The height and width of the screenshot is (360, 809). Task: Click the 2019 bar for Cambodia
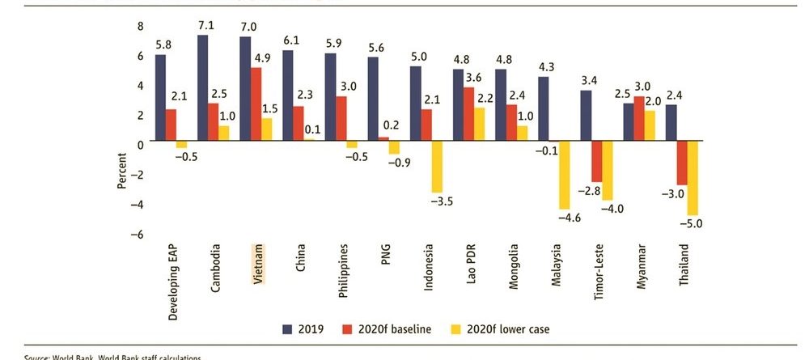(x=202, y=88)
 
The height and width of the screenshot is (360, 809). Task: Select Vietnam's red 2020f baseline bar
(x=255, y=104)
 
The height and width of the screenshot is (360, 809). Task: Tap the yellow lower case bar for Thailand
(x=693, y=178)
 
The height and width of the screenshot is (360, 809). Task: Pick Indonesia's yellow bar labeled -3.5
(x=437, y=167)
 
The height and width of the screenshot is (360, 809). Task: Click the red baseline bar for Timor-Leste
(x=597, y=162)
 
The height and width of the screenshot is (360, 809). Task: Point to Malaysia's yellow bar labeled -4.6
(x=565, y=176)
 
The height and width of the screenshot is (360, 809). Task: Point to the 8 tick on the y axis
(x=140, y=26)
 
